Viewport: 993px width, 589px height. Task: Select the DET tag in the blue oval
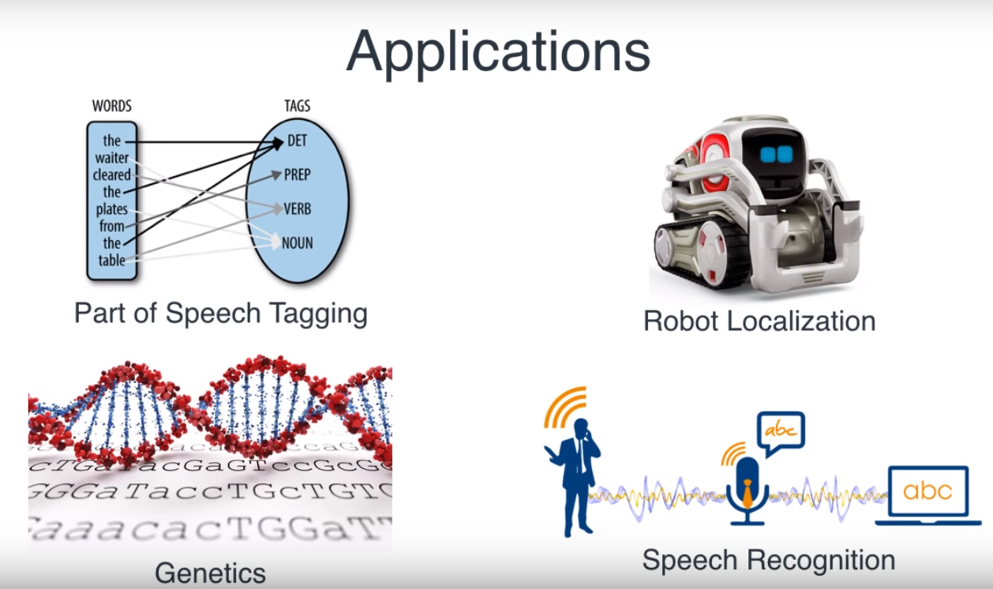click(297, 141)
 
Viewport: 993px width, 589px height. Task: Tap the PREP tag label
click(298, 174)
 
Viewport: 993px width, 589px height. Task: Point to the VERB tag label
click(298, 209)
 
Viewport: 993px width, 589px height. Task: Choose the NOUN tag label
click(297, 243)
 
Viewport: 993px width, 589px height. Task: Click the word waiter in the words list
click(112, 158)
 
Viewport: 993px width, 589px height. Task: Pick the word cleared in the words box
click(112, 174)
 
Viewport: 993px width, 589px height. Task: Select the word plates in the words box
click(112, 209)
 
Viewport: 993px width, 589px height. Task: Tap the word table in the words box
click(112, 260)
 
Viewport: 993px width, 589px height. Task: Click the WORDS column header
click(112, 106)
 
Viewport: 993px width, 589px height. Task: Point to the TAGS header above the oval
click(297, 106)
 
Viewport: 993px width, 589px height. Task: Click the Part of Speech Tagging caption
click(221, 313)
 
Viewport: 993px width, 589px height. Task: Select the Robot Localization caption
click(759, 321)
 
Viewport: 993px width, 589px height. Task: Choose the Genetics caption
click(210, 572)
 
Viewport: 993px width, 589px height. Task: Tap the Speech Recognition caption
click(769, 560)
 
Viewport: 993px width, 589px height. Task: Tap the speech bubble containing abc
click(781, 430)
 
